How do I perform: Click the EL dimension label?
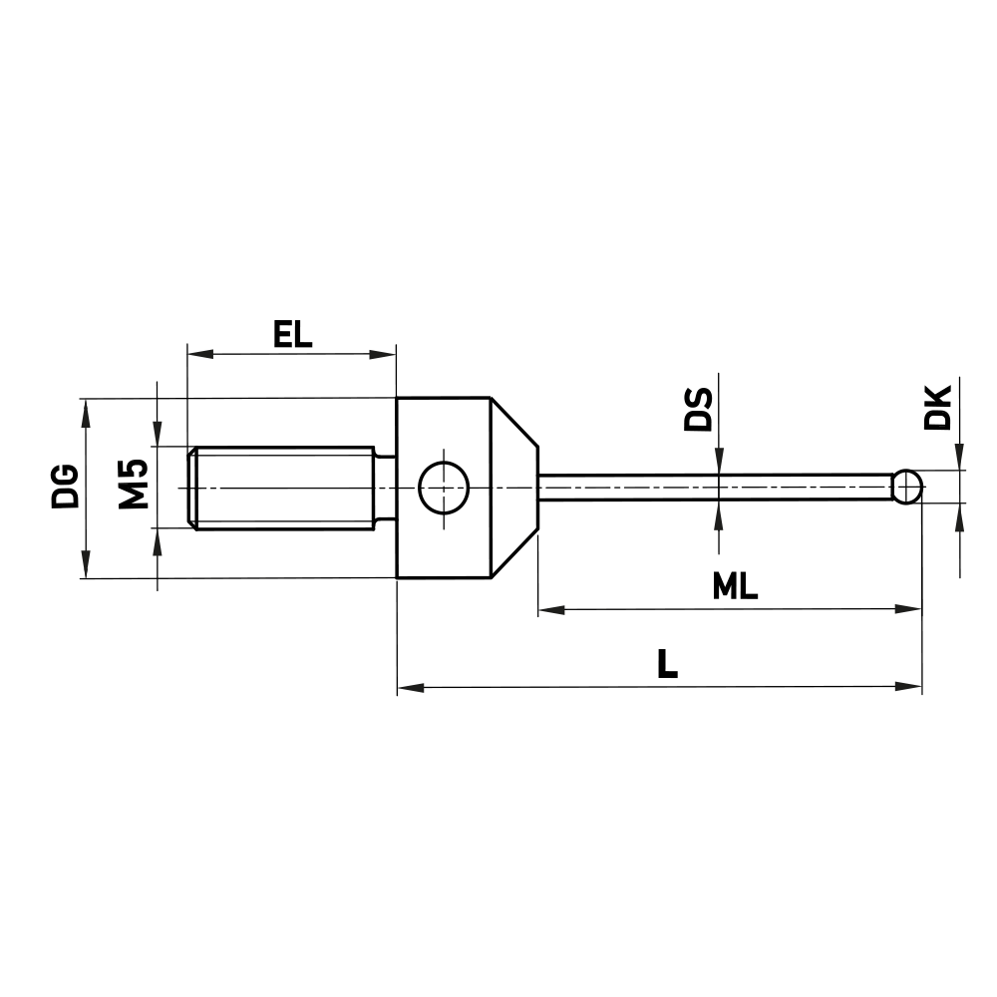(292, 333)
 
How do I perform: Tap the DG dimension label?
(66, 486)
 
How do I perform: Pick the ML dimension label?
(736, 587)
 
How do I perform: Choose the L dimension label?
(667, 665)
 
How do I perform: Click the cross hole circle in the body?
(444, 488)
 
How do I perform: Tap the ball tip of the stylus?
(906, 488)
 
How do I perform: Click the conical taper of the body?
(513, 488)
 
